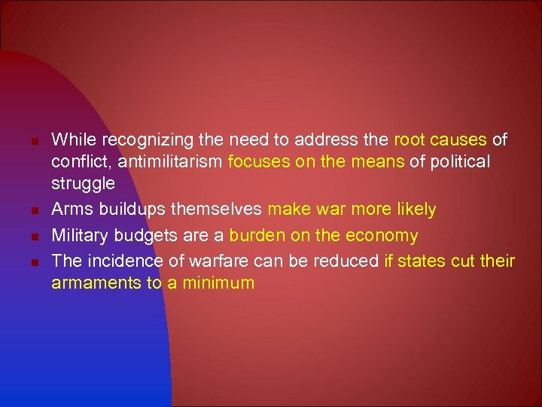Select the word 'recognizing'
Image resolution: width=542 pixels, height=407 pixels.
coord(137,139)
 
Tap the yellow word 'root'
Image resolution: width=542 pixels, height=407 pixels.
coord(410,139)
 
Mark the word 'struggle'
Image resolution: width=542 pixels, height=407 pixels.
coord(83,184)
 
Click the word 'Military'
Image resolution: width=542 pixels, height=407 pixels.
coord(78,236)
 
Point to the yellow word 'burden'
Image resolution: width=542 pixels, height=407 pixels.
coord(257,236)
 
